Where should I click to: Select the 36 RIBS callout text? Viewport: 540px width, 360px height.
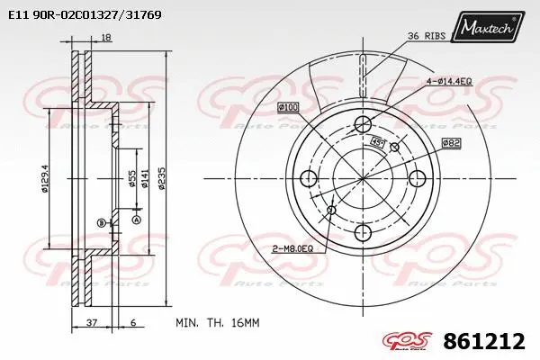pyautogui.click(x=427, y=36)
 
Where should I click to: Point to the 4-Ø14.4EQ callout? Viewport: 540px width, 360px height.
pyautogui.click(x=461, y=82)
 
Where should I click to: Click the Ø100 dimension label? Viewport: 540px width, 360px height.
pyautogui.click(x=289, y=108)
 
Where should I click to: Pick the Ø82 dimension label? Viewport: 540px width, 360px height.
pyautogui.click(x=451, y=142)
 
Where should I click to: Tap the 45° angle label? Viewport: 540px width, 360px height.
pyautogui.click(x=379, y=141)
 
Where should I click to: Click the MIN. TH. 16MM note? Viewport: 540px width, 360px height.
pyautogui.click(x=218, y=321)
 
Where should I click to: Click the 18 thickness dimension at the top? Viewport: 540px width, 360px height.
pyautogui.click(x=106, y=37)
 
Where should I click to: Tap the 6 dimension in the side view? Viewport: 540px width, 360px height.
pyautogui.click(x=131, y=321)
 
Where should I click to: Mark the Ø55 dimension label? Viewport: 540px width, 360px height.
pyautogui.click(x=131, y=177)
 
